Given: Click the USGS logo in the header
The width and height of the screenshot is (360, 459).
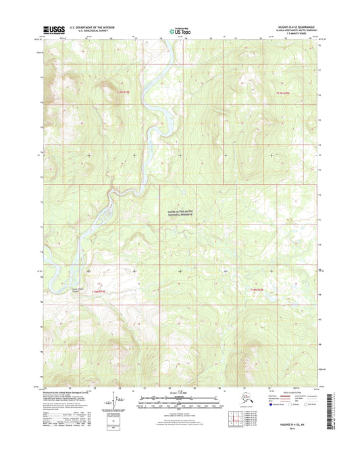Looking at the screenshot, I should (55, 30).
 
